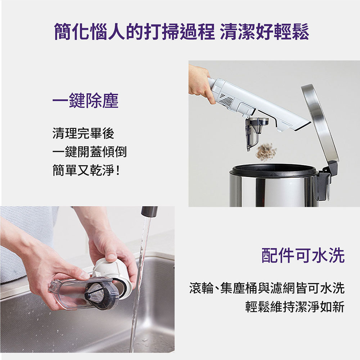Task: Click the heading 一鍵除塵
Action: (85, 100)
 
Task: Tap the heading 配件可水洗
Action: (303, 255)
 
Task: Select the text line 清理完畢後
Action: (84, 133)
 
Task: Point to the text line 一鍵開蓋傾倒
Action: (90, 152)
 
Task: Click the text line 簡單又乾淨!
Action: (86, 170)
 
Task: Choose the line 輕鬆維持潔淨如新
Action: (295, 307)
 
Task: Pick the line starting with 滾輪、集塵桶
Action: (267, 288)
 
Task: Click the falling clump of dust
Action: (266, 152)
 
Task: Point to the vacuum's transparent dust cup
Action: (255, 132)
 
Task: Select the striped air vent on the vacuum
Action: (226, 100)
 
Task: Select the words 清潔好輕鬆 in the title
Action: (265, 31)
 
